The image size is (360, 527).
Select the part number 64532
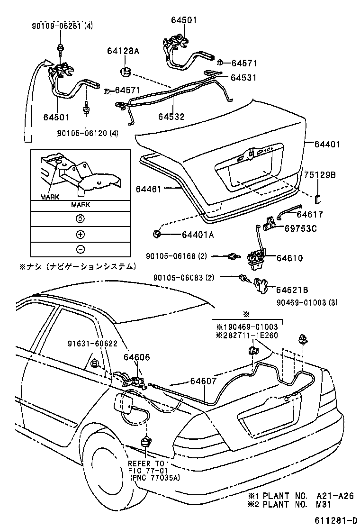171,117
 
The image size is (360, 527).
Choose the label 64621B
292,290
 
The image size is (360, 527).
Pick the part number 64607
205,380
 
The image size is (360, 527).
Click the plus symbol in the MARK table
80,234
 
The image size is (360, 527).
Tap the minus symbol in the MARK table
80,249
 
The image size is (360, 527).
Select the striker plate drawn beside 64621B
259,284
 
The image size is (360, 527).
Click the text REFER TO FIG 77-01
147,467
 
